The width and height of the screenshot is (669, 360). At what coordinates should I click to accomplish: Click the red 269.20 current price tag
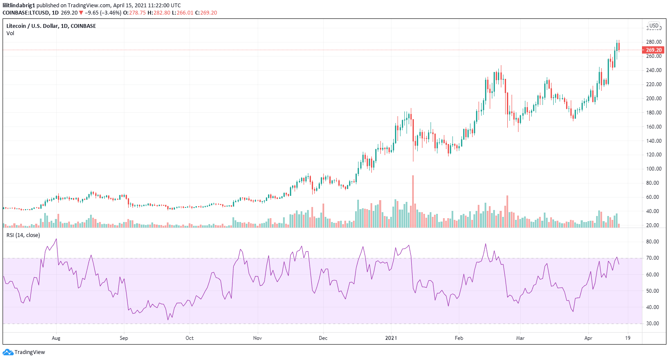653,50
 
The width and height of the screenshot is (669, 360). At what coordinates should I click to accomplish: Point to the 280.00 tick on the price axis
654,42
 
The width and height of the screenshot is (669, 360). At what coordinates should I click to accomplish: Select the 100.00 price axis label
654,169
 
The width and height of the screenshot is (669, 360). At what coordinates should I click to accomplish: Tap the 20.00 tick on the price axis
654,225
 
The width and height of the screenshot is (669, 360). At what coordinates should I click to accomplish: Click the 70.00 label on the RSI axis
653,258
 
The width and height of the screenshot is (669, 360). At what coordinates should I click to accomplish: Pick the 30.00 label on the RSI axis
653,324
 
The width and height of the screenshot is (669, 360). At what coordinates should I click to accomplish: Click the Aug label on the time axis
56,338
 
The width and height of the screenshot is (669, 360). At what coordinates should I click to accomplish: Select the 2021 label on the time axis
391,338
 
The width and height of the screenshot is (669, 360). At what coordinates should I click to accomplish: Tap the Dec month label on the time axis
323,338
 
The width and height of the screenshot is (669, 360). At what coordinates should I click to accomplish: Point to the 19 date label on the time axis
628,338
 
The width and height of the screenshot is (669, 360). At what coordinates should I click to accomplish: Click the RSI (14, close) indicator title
23,235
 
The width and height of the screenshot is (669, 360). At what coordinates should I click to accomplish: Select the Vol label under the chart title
10,33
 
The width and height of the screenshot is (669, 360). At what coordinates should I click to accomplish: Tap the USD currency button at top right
654,26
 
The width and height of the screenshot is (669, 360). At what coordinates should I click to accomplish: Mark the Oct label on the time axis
190,338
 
